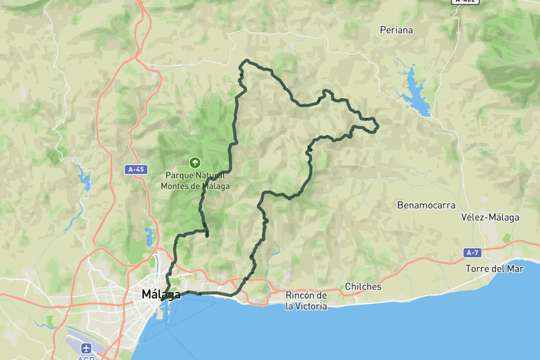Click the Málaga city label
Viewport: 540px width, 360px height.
[161, 295]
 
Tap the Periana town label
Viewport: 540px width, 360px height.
[397, 31]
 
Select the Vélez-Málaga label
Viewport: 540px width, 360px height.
[490, 217]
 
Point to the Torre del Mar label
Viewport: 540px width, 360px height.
[494, 268]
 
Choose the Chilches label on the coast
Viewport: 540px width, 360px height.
[363, 286]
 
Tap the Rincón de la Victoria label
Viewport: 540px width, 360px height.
[306, 301]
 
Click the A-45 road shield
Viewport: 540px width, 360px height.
[136, 169]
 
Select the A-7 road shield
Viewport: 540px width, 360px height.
[472, 253]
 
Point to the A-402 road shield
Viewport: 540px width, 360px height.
[466, 1]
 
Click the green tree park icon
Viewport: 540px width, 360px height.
[195, 161]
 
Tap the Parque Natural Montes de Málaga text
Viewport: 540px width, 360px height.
[195, 181]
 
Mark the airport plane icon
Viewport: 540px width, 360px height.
[85, 348]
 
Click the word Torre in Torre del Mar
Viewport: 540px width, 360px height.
[478, 268]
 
